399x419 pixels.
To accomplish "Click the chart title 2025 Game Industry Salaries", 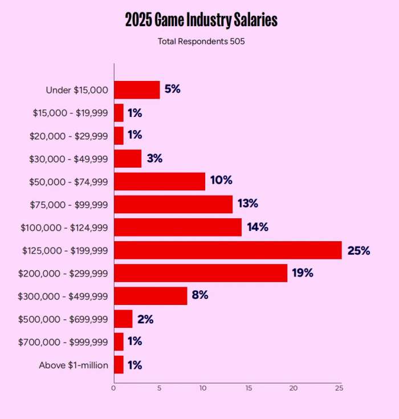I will [x=201, y=21].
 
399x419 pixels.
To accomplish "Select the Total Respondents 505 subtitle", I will [x=201, y=41].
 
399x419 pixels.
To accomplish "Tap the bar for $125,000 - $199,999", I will [x=228, y=250].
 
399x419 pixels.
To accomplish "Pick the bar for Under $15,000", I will [x=137, y=90].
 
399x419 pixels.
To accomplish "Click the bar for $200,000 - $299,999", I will [x=201, y=273].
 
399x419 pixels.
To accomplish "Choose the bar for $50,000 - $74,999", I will [x=160, y=181].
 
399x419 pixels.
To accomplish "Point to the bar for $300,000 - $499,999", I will [x=150, y=296].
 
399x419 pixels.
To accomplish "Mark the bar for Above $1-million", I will [x=119, y=365].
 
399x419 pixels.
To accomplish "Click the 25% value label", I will [x=359, y=251].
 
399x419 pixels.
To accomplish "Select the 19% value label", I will [x=302, y=273].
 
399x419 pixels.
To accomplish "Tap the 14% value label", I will [x=257, y=227].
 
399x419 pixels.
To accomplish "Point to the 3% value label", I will [x=154, y=158].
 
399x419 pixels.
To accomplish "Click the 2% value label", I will [x=145, y=319].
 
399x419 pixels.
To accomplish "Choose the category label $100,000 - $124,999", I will [x=64, y=227].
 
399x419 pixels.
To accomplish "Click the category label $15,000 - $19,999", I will [x=70, y=113].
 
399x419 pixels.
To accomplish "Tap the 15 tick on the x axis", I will [x=249, y=388].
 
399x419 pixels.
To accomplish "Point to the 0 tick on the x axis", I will [x=114, y=388].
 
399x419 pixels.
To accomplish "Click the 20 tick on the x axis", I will [x=294, y=388].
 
